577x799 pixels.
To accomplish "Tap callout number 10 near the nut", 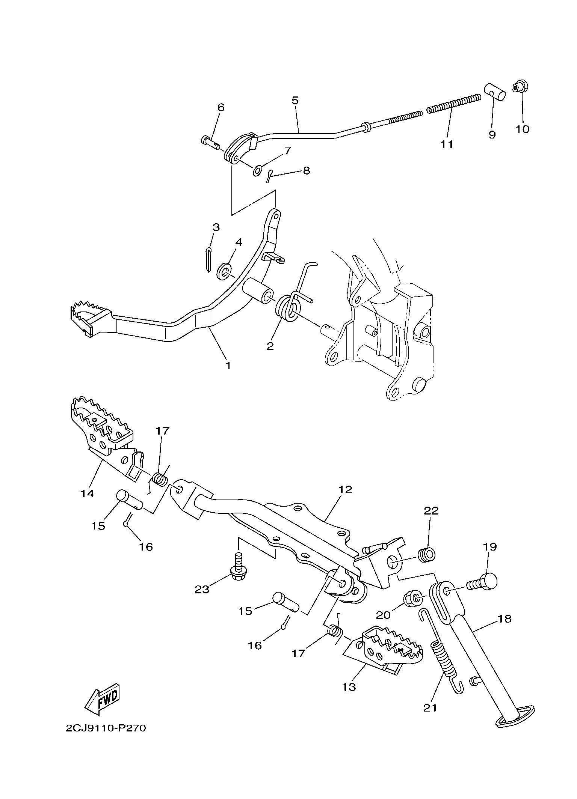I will coord(522,129).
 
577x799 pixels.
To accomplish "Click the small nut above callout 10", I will coord(519,87).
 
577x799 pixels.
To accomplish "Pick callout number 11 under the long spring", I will coord(447,144).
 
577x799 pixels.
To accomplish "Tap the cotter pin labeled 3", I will coord(209,259).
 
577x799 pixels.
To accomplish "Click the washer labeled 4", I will coord(225,272).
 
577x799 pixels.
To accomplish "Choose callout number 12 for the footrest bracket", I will coord(345,489).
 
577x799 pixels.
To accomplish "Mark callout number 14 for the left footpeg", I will coord(87,493).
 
